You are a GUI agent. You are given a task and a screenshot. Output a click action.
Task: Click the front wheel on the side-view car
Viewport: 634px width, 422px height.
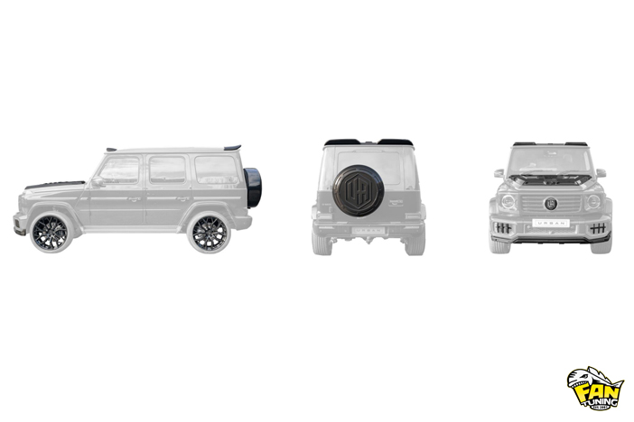tap(49, 233)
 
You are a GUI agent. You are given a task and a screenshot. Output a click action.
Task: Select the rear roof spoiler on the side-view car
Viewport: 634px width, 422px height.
tap(231, 146)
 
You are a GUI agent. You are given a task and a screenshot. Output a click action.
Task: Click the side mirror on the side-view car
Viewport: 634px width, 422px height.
tap(98, 181)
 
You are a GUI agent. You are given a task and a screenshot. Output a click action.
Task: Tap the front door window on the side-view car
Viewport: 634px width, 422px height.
tap(120, 170)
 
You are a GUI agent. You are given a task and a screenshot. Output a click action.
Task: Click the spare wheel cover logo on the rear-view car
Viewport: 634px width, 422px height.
tap(359, 190)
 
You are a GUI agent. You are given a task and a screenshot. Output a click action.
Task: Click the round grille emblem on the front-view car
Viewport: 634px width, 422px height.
tap(550, 204)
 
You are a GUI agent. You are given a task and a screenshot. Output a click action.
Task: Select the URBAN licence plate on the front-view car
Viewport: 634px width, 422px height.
tap(550, 221)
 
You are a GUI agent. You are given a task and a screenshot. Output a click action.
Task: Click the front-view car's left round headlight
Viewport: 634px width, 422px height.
tap(508, 202)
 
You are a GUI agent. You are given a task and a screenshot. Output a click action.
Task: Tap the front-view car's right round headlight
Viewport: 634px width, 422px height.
tap(592, 202)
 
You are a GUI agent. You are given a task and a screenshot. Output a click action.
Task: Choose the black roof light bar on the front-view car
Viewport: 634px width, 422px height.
tap(550, 143)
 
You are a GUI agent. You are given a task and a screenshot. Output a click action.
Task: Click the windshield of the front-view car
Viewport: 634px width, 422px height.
tap(550, 161)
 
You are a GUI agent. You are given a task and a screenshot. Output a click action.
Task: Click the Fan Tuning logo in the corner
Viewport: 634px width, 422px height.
tap(594, 389)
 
